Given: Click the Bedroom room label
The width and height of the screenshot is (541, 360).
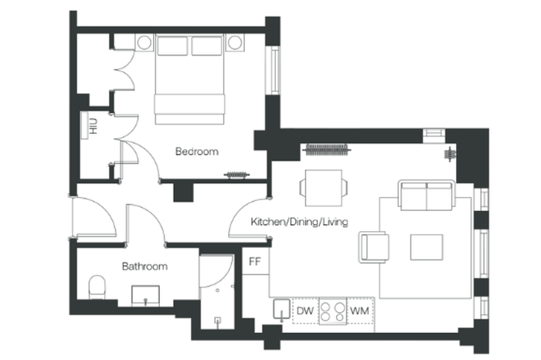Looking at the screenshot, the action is [x=196, y=151].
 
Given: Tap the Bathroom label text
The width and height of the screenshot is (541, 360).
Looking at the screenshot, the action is [x=145, y=267].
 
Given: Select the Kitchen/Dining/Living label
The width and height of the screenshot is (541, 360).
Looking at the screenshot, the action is [x=299, y=222].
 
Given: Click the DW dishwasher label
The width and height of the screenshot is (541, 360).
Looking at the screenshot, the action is [x=305, y=311].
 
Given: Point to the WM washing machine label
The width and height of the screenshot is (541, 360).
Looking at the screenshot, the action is [x=359, y=311].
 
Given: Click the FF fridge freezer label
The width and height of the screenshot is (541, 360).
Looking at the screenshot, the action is [x=255, y=262].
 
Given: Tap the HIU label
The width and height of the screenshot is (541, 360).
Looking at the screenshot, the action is [x=94, y=126].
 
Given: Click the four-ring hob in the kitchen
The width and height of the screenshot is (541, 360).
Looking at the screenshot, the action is [x=332, y=311].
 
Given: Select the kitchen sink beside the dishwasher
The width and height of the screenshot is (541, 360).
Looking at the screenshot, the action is [x=281, y=309].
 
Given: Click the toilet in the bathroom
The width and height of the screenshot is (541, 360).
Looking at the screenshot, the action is [x=97, y=287].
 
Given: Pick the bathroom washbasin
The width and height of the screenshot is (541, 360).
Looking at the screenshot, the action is [x=145, y=296].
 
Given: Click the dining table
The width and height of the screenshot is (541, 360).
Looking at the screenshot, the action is [x=324, y=188].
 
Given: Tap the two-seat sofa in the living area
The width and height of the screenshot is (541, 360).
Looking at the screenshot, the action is [x=427, y=195].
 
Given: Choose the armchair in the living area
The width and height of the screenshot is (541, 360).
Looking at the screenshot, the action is [x=374, y=247].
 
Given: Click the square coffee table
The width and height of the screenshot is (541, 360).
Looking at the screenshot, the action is [x=427, y=247].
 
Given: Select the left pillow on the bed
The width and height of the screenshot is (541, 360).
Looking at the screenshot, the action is [x=172, y=46].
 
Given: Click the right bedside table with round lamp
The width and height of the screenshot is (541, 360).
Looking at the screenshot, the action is [x=235, y=42].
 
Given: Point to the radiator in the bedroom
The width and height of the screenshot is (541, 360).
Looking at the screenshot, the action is [x=236, y=175].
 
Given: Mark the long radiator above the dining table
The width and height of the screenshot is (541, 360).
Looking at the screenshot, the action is [x=327, y=150].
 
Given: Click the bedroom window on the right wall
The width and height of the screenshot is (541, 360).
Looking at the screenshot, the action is [x=274, y=70].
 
